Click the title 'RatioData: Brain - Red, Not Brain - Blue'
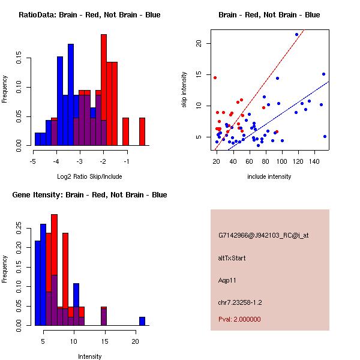(89, 15)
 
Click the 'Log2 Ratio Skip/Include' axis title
(89, 176)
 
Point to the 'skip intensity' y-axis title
(185, 90)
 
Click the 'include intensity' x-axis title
(269, 176)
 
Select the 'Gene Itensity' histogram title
(89, 195)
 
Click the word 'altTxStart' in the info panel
(232, 258)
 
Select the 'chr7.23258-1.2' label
(240, 302)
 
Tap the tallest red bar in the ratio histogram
(104, 90)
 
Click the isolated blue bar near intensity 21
(142, 321)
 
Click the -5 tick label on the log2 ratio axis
(34, 161)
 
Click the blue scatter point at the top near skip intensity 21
(296, 34)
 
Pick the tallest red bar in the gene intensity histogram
(55, 270)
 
